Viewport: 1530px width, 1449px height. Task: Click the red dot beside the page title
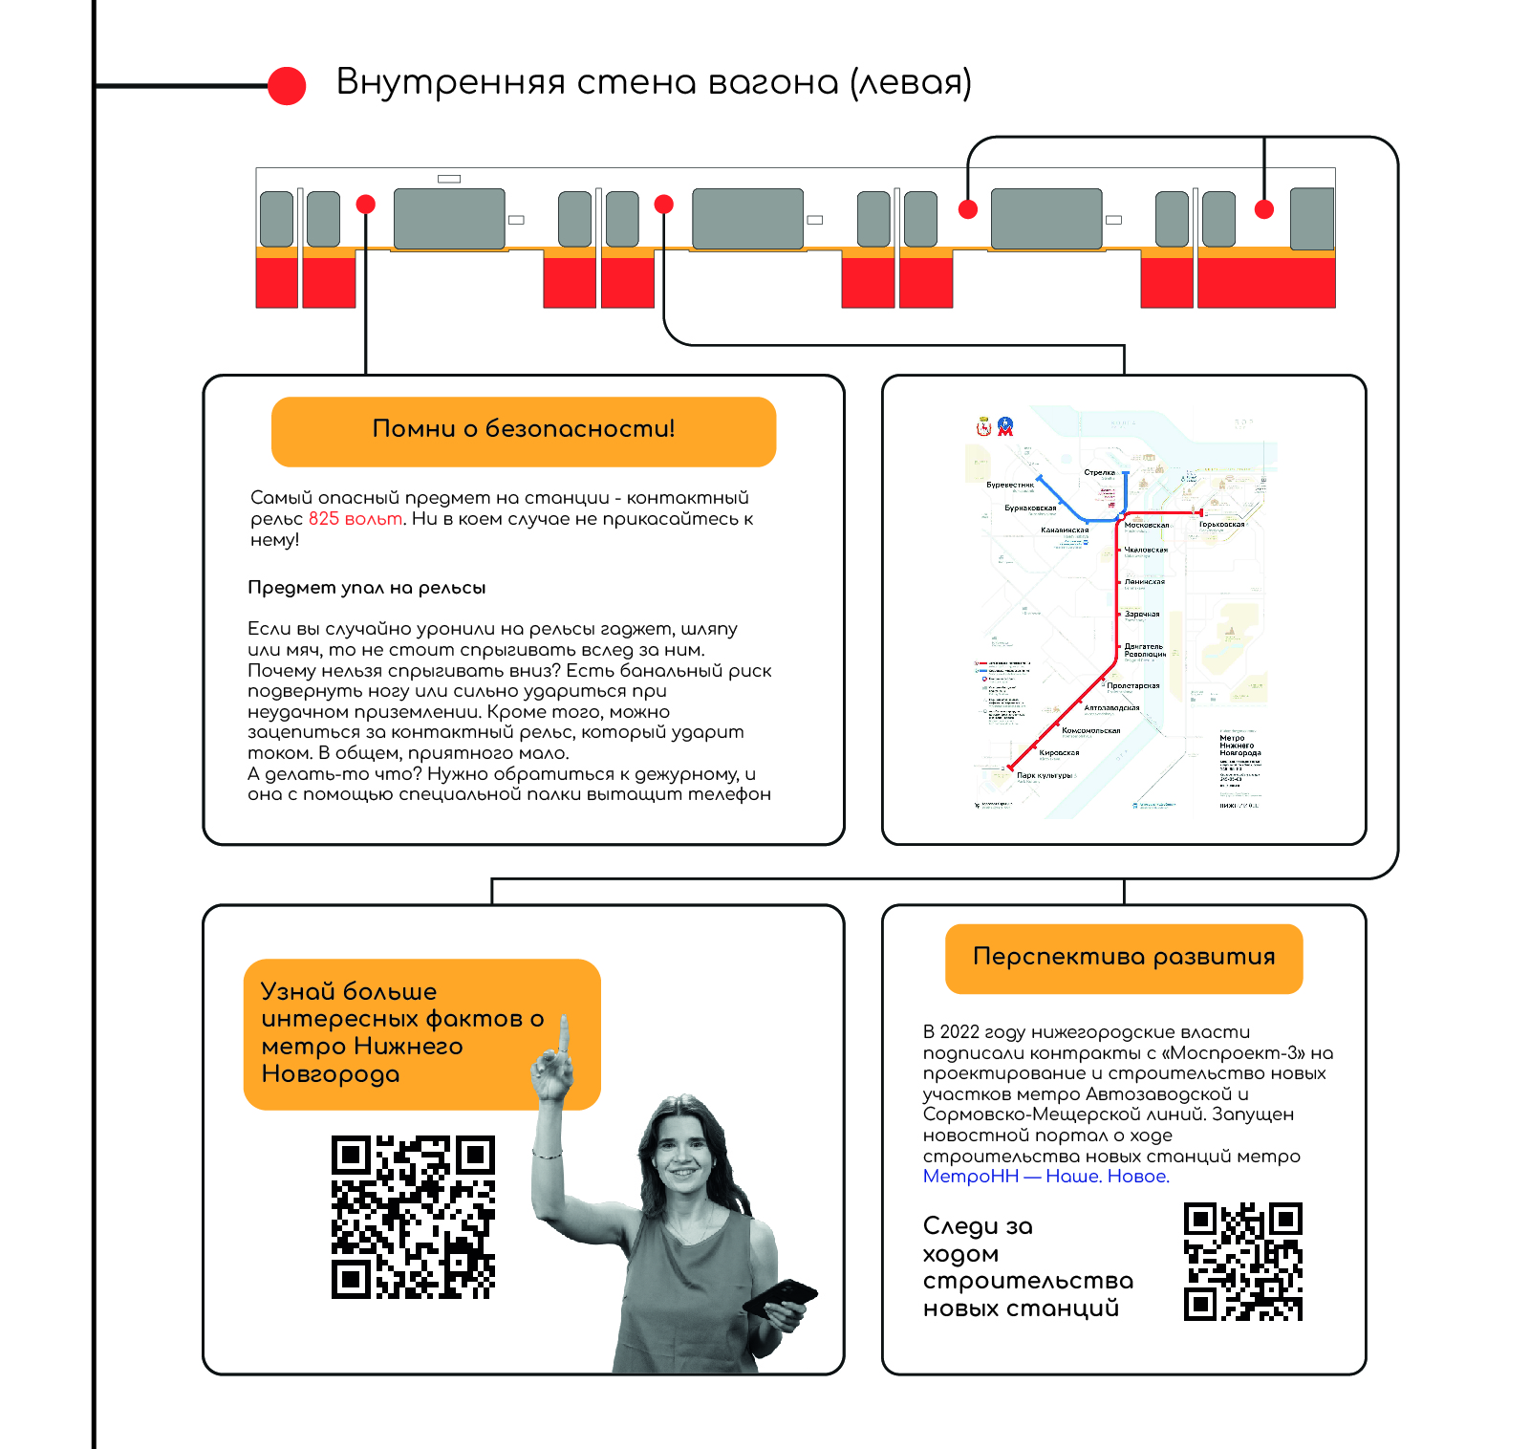[287, 86]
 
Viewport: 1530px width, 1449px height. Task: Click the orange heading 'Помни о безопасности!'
[523, 429]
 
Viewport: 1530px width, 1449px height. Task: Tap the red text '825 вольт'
[355, 519]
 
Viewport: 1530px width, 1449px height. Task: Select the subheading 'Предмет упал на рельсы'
[366, 588]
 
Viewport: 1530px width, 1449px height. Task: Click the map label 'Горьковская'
[1221, 524]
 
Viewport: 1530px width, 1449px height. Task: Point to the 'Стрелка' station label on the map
[1099, 472]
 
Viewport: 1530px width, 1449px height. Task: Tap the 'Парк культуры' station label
[1044, 775]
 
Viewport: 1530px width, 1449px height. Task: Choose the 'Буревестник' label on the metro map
[1010, 485]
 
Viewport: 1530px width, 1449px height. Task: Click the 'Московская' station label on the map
[1146, 525]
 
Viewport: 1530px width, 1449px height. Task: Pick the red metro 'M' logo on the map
[1004, 427]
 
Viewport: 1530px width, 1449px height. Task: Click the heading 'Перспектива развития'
[1124, 957]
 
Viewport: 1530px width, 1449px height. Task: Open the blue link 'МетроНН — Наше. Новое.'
[1045, 1177]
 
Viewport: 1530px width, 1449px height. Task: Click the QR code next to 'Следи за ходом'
[1242, 1262]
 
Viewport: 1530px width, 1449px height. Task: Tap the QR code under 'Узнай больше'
[413, 1217]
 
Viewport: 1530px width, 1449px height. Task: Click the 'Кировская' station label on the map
[1059, 752]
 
